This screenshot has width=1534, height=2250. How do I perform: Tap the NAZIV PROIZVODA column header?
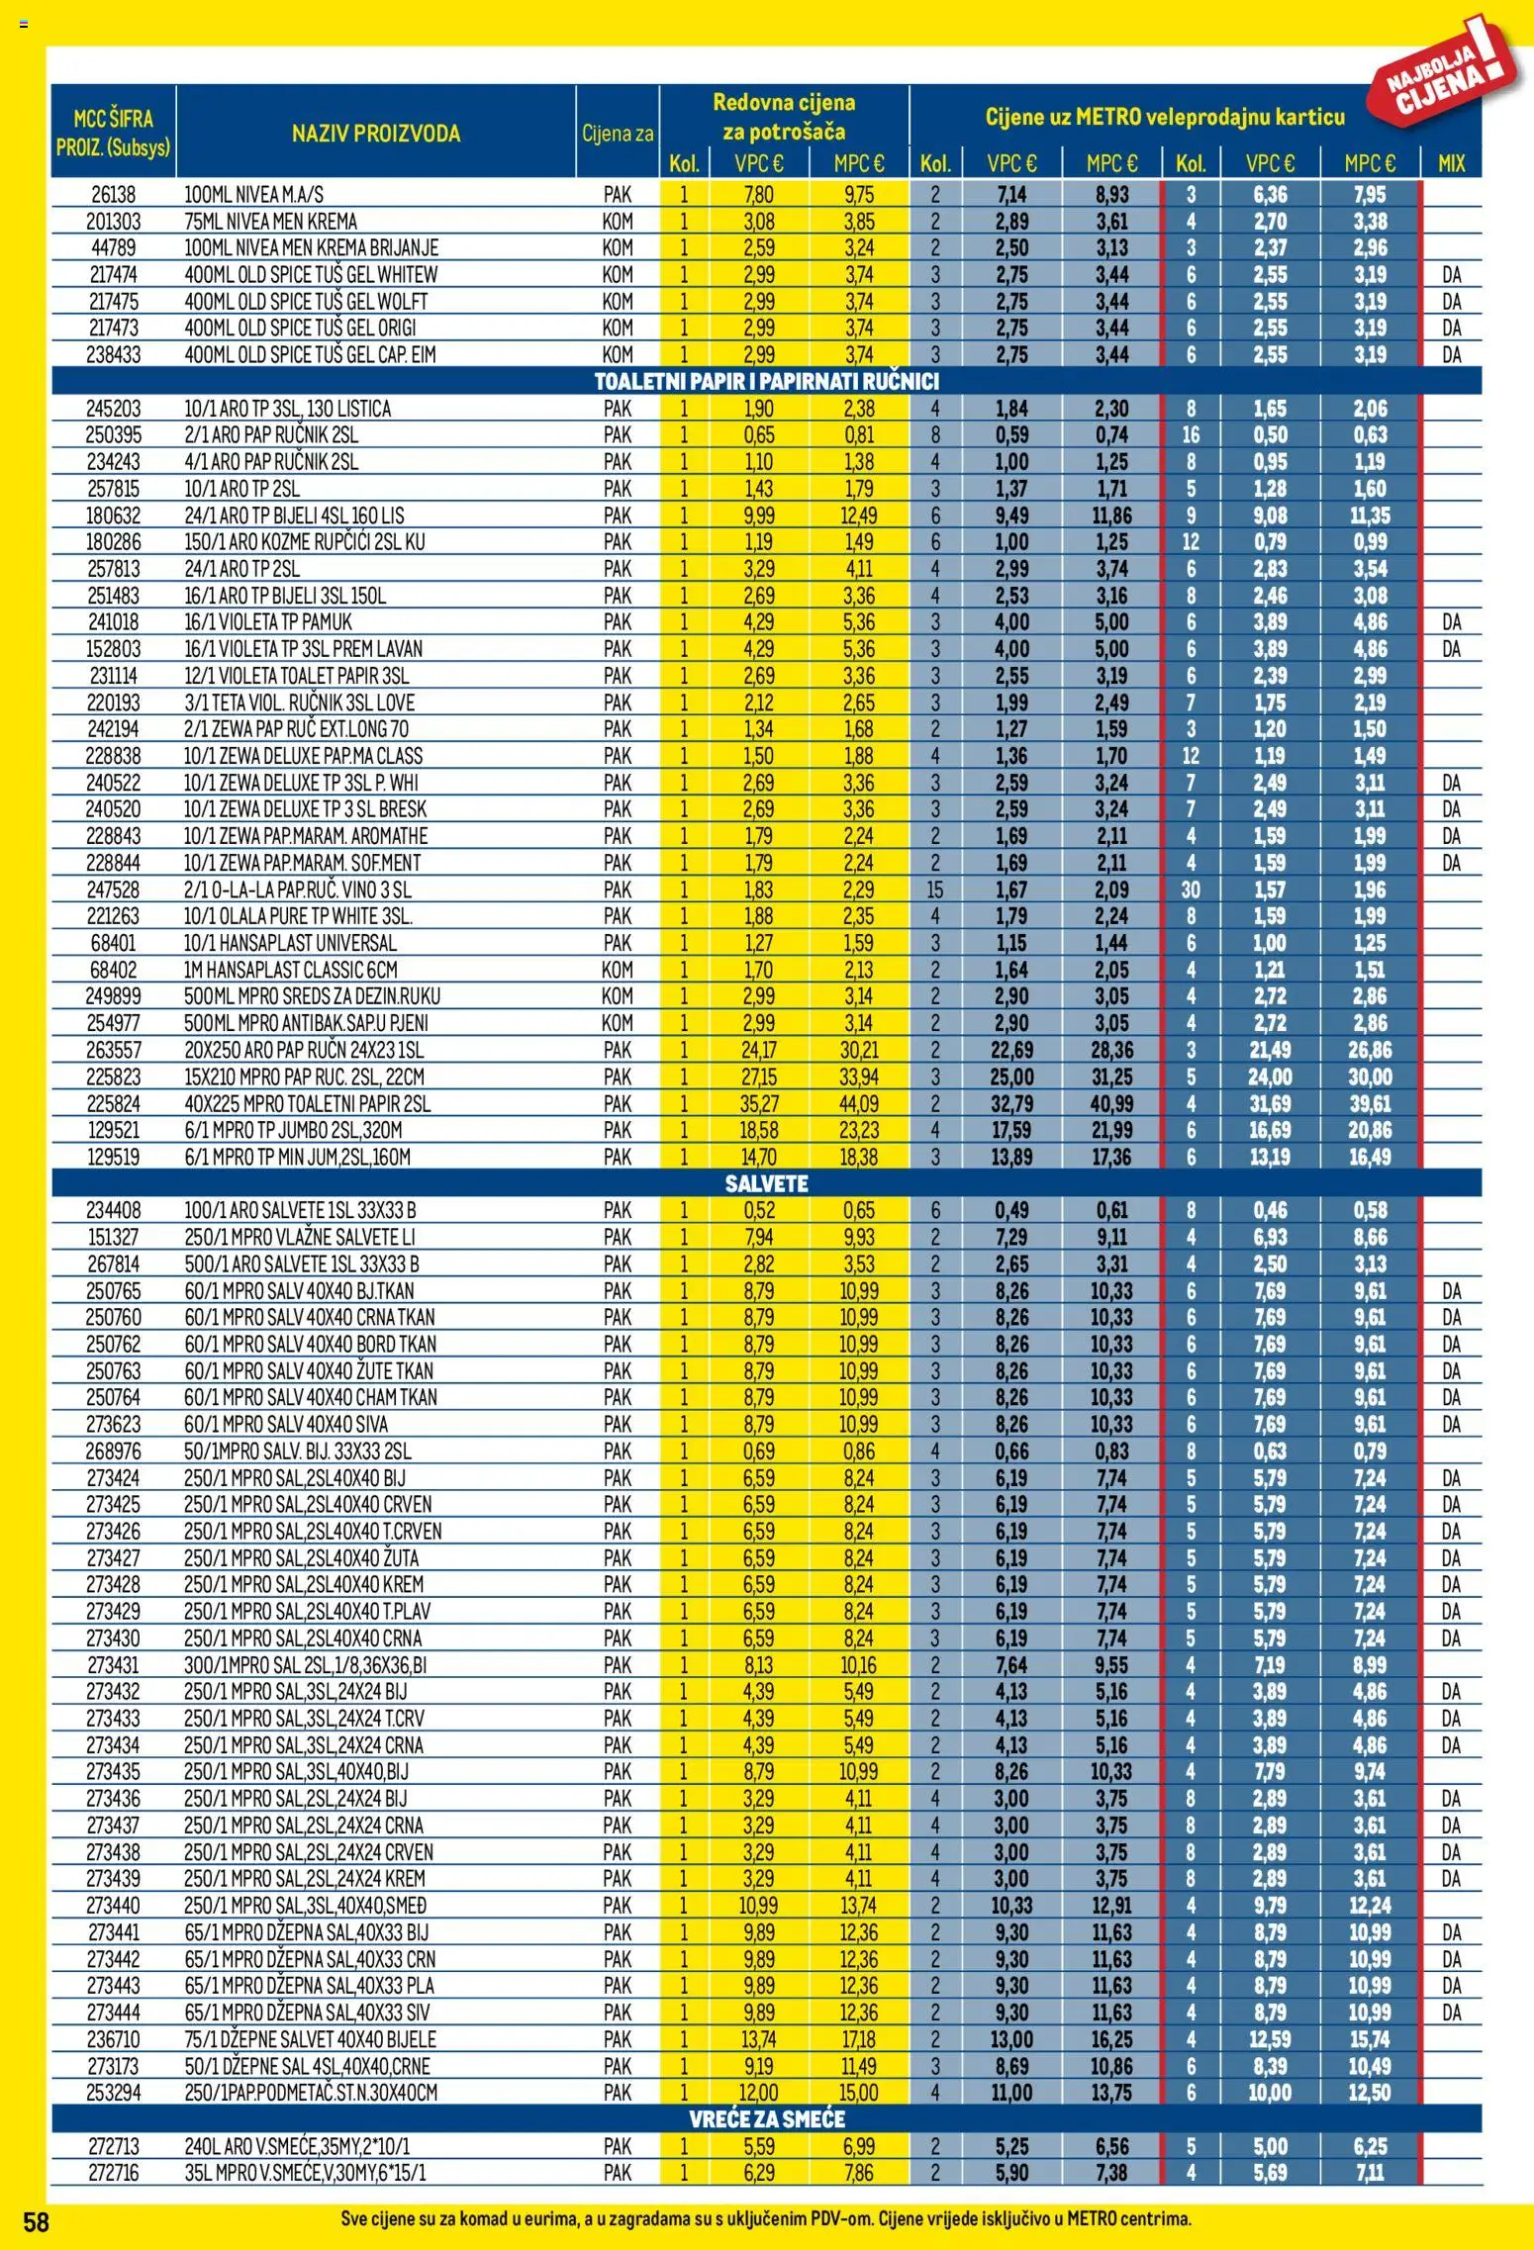(x=376, y=134)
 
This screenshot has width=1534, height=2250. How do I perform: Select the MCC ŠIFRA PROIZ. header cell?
(x=114, y=133)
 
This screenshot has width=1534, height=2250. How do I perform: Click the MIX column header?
(x=1451, y=163)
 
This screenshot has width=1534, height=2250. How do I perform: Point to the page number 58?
(x=36, y=2221)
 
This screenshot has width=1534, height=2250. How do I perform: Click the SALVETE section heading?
(x=766, y=1183)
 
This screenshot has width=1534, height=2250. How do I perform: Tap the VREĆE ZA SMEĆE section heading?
(x=766, y=2118)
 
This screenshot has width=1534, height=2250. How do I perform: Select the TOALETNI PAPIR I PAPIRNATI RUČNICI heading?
(x=766, y=382)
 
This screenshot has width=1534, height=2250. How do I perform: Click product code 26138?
(x=113, y=195)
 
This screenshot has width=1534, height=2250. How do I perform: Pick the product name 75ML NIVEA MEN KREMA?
(x=271, y=222)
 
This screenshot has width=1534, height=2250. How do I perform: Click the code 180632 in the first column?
(x=113, y=516)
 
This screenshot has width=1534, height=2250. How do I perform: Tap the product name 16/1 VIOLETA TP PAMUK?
(x=268, y=622)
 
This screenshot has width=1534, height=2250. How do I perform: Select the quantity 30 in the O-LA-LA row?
(x=1191, y=890)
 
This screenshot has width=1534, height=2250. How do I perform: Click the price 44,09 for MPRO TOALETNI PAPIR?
(x=859, y=1103)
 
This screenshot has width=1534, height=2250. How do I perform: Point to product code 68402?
(x=113, y=970)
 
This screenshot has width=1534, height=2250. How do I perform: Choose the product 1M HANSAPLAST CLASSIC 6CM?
(x=291, y=970)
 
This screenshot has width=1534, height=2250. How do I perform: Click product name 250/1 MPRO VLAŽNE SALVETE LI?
(x=299, y=1237)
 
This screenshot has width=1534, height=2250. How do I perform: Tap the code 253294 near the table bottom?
(x=113, y=2092)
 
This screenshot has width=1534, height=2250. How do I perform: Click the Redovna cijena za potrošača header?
(x=784, y=117)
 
